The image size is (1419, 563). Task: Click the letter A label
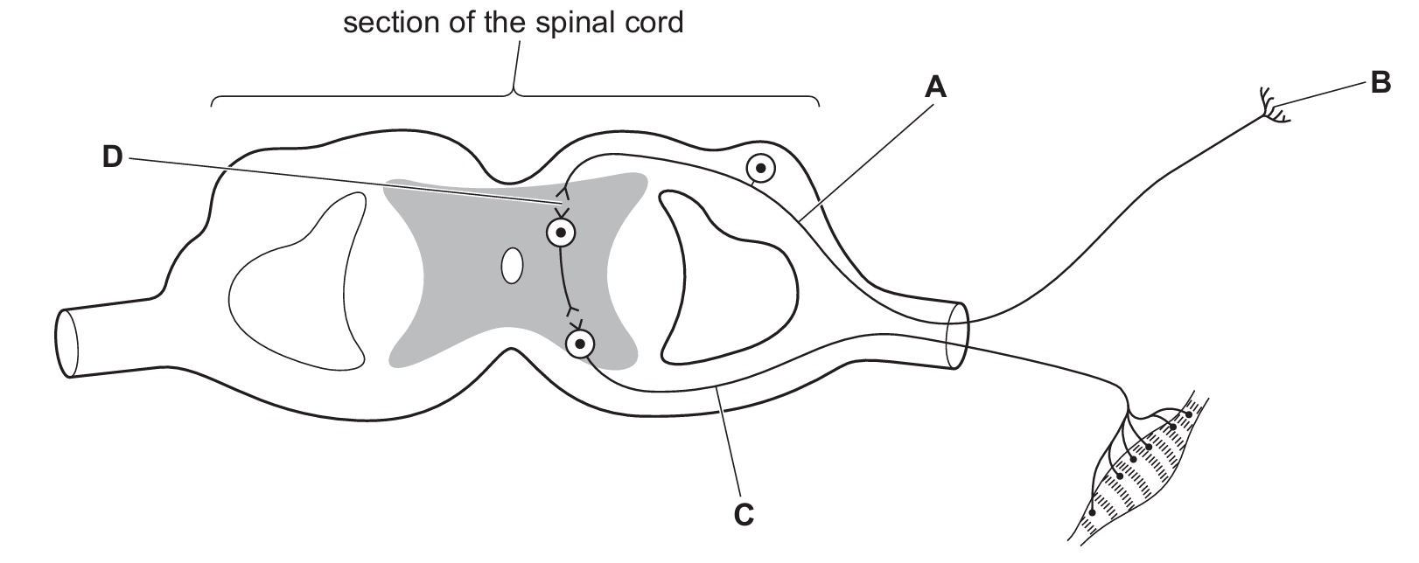(x=935, y=87)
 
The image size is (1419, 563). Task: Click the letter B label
(x=1381, y=84)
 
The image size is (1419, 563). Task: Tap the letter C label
(x=743, y=516)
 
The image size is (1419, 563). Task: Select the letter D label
(x=113, y=156)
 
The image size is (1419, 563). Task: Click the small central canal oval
(x=512, y=266)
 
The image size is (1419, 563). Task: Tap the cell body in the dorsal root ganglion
(x=761, y=168)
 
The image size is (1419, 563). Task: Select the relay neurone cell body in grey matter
(x=561, y=233)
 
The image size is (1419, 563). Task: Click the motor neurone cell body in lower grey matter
(x=579, y=344)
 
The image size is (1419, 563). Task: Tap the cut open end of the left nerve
(x=66, y=344)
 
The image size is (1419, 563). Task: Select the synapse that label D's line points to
(x=563, y=206)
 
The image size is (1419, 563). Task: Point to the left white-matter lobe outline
(x=297, y=280)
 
